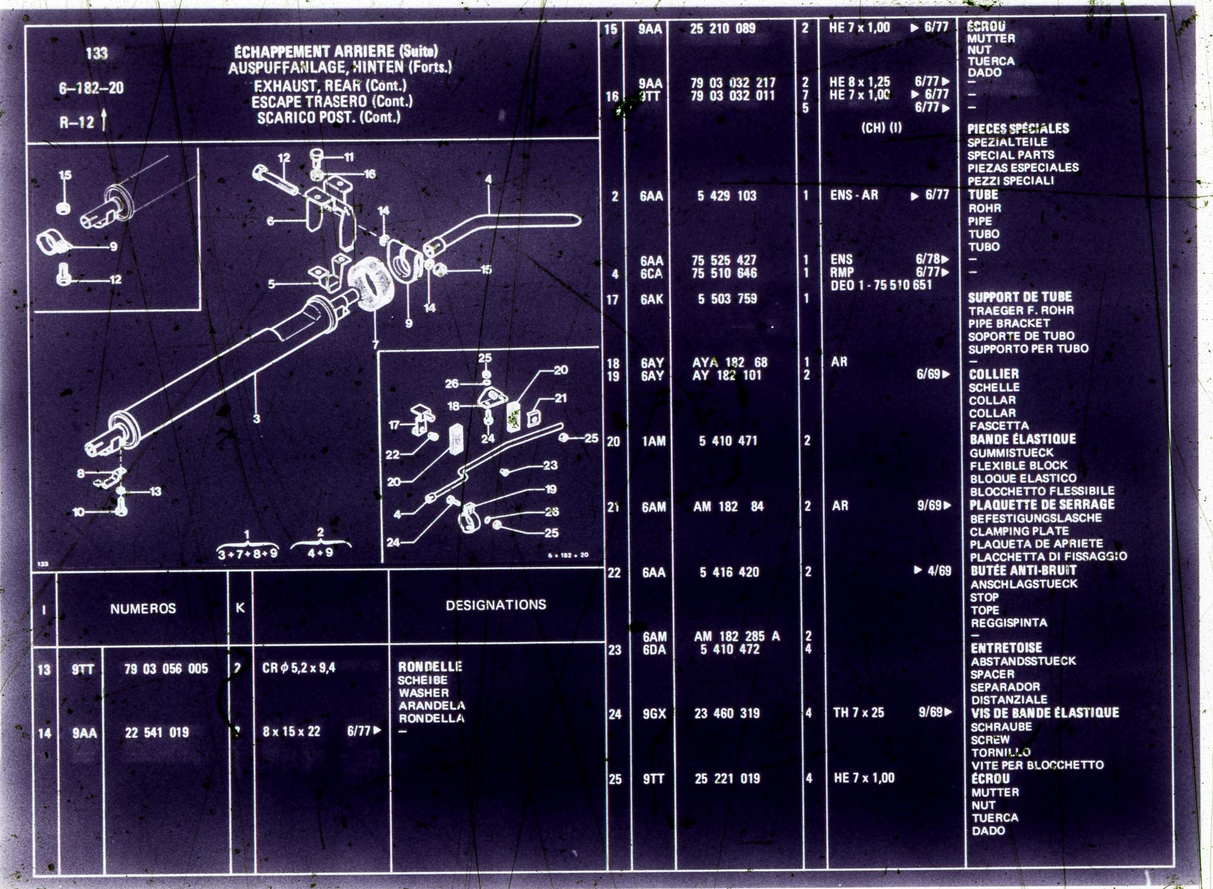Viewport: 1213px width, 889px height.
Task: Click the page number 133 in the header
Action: [97, 54]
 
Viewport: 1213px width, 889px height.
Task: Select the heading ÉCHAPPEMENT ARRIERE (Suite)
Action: [335, 52]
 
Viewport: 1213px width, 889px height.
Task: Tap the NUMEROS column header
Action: [143, 609]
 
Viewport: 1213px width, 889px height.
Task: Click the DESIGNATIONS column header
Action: [496, 605]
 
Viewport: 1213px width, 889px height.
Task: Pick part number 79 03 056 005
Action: [166, 669]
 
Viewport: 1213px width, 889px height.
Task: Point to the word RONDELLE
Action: [430, 667]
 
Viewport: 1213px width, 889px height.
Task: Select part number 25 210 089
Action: [722, 29]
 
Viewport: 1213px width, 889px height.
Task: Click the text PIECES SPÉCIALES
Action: [1018, 129]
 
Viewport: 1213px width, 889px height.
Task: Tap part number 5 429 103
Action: [727, 196]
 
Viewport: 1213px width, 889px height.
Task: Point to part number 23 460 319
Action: [727, 714]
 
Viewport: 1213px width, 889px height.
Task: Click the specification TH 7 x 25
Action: [858, 713]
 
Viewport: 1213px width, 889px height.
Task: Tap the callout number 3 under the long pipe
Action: [256, 419]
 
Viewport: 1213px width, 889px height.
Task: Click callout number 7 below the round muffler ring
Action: [375, 344]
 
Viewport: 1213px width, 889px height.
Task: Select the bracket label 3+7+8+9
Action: [247, 554]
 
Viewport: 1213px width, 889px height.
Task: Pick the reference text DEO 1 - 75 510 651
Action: [880, 286]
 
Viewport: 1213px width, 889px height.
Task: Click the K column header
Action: [240, 608]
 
